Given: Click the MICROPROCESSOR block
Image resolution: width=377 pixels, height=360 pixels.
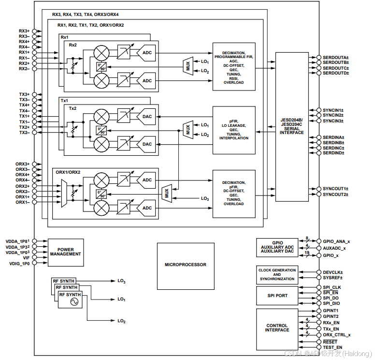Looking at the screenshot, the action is pyautogui.click(x=186, y=266).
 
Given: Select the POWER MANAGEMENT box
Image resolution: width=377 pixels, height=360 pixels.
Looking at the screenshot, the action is pyautogui.click(x=66, y=253).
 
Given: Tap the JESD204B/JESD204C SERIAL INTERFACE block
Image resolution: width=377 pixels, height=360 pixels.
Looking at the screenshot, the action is pyautogui.click(x=292, y=127).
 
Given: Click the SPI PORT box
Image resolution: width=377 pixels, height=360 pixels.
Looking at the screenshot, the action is pyautogui.click(x=277, y=296).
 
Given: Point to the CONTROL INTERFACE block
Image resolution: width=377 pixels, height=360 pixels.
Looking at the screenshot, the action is pyautogui.click(x=277, y=329).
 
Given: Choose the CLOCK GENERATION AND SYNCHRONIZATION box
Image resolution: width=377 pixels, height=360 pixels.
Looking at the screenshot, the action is pyautogui.click(x=277, y=274).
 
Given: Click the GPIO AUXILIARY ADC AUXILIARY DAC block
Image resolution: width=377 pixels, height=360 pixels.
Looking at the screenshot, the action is pyautogui.click(x=277, y=248).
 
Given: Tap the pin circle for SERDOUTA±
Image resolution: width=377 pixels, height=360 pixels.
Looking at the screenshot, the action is pyautogui.click(x=319, y=57).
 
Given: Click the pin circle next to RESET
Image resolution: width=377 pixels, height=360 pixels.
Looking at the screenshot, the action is pyautogui.click(x=319, y=342).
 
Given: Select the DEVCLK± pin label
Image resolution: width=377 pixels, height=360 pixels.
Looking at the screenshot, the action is pyautogui.click(x=333, y=272).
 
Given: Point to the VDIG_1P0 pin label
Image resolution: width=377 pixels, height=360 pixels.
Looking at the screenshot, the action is pyautogui.click(x=19, y=264).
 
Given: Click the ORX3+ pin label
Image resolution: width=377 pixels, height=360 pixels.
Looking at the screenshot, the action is pyautogui.click(x=22, y=164).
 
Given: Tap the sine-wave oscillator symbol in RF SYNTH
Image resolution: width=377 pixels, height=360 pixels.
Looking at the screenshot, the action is pyautogui.click(x=74, y=301).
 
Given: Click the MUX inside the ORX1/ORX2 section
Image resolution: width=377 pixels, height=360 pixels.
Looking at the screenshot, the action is pyautogui.click(x=167, y=193).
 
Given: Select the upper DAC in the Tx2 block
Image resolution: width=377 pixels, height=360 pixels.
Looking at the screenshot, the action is pyautogui.click(x=146, y=117).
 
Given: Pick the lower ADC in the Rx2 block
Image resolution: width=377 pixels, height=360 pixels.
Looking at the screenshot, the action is pyautogui.click(x=146, y=81).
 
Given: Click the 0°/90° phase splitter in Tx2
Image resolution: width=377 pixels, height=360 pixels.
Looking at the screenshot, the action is pyautogui.click(x=101, y=131).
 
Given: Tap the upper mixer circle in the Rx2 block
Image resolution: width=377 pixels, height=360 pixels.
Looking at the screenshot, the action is pyautogui.click(x=101, y=53).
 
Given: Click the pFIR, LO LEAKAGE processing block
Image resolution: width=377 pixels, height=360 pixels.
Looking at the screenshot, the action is pyautogui.click(x=234, y=130).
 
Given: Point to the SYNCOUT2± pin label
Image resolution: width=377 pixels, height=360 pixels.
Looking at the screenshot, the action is pyautogui.click(x=335, y=195).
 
